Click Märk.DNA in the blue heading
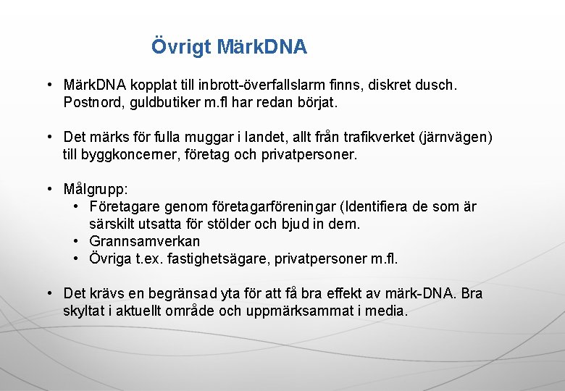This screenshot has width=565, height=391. pos(261,48)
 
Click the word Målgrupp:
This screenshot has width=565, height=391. pos(96,190)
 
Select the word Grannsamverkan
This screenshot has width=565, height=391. pos(145,241)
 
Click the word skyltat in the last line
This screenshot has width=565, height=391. pos(84,311)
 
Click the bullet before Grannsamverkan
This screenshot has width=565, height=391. pos(76,241)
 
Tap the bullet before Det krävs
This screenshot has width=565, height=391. pos(49,293)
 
